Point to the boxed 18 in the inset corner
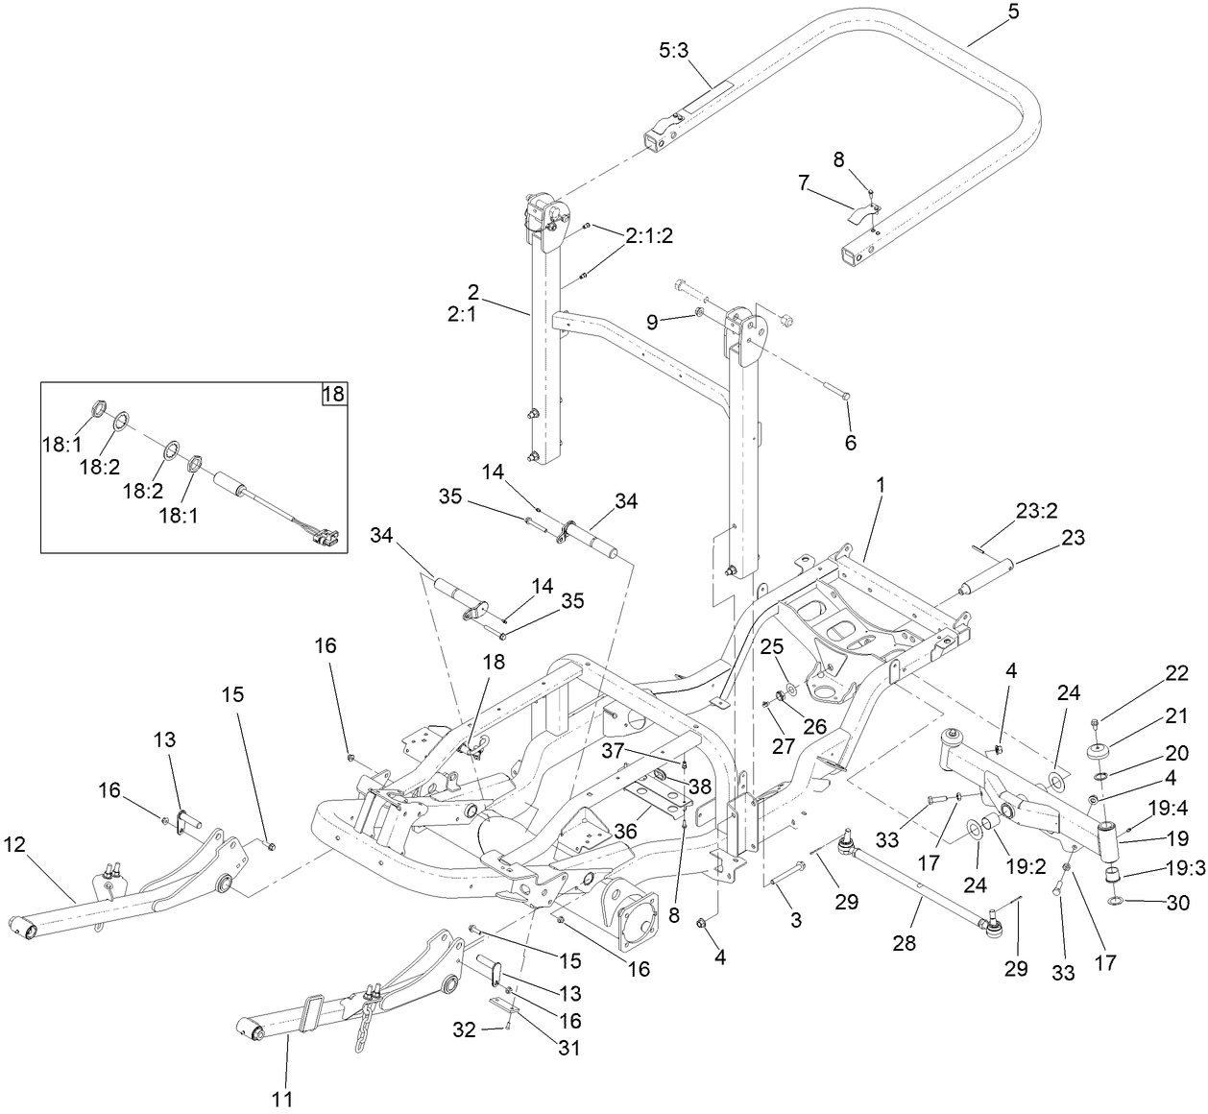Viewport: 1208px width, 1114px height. pos(333,394)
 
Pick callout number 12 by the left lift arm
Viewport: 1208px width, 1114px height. pos(14,844)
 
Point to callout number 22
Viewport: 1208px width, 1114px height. pos(1177,673)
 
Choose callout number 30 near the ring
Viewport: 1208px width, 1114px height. pos(1177,902)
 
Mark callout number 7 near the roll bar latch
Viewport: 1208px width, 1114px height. pos(804,181)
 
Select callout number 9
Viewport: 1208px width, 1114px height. pos(653,322)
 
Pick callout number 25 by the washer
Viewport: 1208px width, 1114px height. pos(772,644)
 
